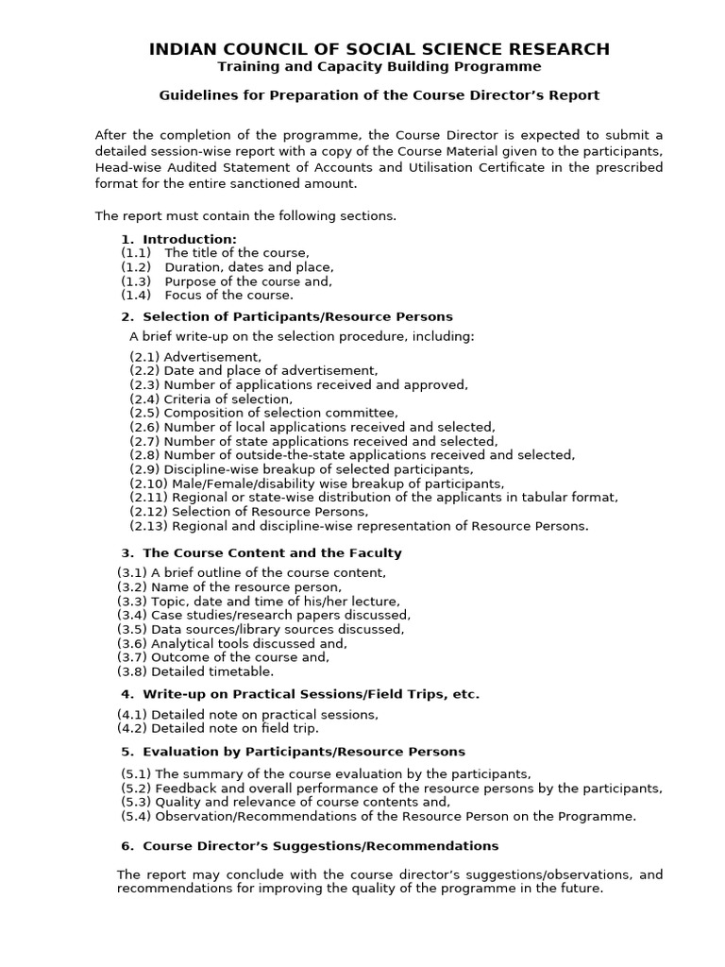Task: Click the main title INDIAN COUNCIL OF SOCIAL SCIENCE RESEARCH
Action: (379, 49)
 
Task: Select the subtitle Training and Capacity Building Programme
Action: (379, 67)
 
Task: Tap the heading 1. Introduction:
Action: (179, 239)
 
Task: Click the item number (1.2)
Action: (136, 267)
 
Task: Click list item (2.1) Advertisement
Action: (195, 357)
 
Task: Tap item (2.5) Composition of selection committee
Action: (263, 414)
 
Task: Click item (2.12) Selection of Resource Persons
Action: (248, 512)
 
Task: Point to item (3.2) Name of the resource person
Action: (228, 587)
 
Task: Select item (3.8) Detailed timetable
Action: (195, 671)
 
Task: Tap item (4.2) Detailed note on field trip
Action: (218, 728)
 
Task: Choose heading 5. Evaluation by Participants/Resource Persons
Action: (293, 752)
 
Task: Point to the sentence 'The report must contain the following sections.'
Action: (245, 216)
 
